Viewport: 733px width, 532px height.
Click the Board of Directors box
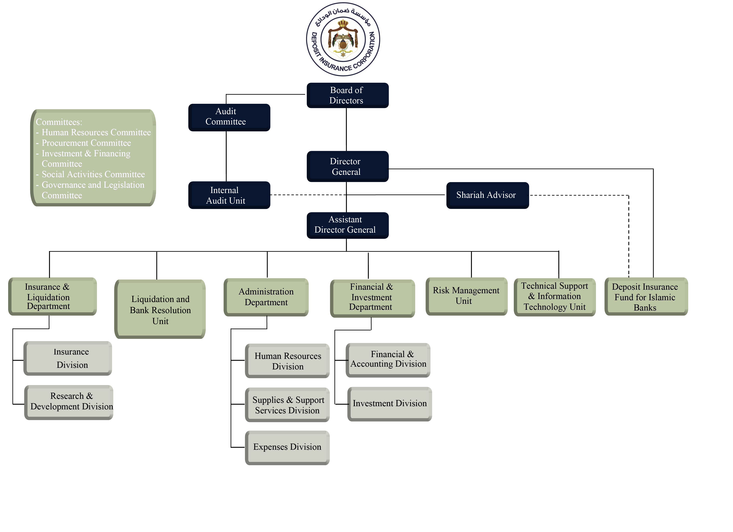click(x=347, y=95)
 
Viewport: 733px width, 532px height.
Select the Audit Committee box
click(x=229, y=117)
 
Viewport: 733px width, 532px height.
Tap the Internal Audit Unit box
click(x=229, y=195)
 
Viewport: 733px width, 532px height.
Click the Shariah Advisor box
click(x=487, y=195)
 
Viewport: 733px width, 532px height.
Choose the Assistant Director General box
click(x=347, y=225)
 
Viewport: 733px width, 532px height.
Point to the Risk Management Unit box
click(x=466, y=296)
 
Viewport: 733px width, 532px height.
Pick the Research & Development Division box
click(x=69, y=402)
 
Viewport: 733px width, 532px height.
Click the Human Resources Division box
click(x=287, y=361)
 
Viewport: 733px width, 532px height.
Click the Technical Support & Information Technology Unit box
click(x=555, y=297)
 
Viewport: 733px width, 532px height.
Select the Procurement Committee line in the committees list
click(x=86, y=143)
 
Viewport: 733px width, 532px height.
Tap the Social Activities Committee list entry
click(x=93, y=175)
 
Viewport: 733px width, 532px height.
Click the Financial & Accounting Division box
click(x=388, y=360)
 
